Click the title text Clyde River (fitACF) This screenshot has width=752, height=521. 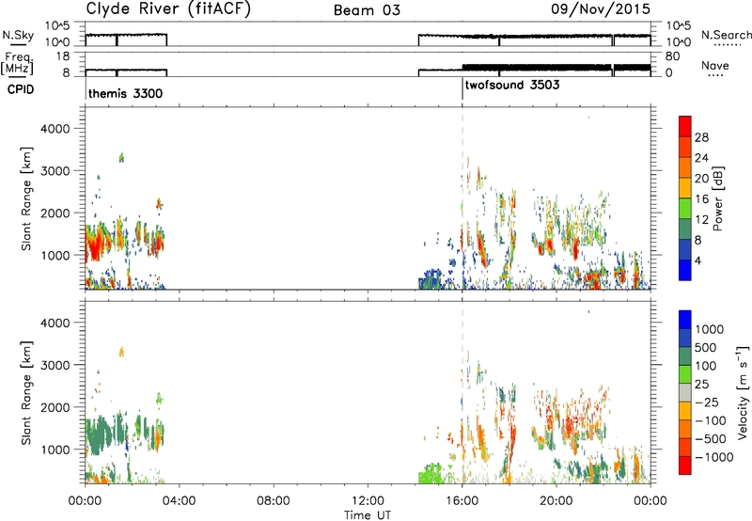168,8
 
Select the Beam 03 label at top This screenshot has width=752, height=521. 367,10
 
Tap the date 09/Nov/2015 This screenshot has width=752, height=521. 601,8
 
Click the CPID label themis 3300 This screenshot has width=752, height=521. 126,93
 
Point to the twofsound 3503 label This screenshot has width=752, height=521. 512,85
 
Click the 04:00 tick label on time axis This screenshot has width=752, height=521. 179,501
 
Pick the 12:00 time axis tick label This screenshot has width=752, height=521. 368,501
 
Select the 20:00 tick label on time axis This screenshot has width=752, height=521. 556,501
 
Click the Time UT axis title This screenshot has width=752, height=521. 368,514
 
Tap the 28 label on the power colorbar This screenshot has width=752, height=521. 701,137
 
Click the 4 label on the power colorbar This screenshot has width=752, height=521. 697,260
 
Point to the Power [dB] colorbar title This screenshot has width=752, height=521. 718,198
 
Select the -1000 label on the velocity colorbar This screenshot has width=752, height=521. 713,457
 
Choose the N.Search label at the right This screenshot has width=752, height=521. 726,35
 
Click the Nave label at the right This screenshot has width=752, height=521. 715,66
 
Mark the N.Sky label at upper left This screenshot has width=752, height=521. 18,35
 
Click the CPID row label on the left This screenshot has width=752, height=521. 21,89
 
